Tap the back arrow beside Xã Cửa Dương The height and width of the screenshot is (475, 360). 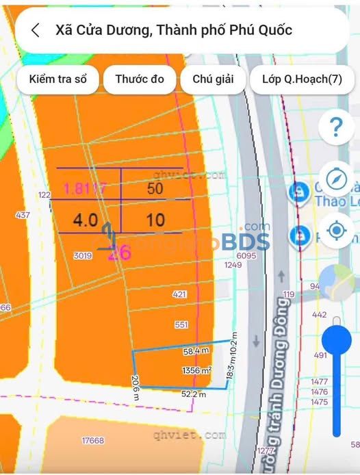point(36,30)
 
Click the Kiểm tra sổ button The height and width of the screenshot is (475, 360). point(57,79)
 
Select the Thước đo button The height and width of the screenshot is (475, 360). point(140,79)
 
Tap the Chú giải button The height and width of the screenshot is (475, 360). point(213,79)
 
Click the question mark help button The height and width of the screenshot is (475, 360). point(336,127)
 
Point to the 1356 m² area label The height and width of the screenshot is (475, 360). point(196,370)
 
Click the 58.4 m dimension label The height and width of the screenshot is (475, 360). point(195,351)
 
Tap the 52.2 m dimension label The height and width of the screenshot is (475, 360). point(194,394)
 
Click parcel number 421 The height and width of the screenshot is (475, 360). point(180,294)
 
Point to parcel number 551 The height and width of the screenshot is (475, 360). point(181,324)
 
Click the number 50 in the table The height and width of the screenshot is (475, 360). point(155,189)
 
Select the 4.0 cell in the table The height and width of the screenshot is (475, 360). point(86,220)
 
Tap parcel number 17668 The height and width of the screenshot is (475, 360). point(92,440)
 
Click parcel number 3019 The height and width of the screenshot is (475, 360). point(83,255)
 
